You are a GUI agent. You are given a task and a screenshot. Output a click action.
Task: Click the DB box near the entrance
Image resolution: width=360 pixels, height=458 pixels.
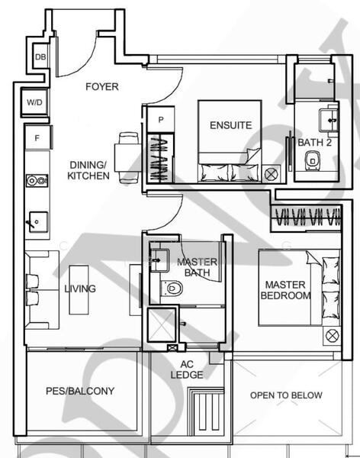pos(40,56)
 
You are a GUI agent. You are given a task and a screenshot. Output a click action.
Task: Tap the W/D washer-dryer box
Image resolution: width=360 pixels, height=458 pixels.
pos(35,101)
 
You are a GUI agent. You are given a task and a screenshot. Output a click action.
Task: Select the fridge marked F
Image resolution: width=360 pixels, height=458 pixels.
pos(37,138)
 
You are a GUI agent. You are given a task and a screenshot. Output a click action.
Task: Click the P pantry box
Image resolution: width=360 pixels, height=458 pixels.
pos(162,120)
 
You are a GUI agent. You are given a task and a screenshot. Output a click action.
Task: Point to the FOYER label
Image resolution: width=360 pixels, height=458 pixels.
pos(101,87)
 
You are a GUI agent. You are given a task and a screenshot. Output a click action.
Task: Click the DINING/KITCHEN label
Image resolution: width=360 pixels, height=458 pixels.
pos(88,169)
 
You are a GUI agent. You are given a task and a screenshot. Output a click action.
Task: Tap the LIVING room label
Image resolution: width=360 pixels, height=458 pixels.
pos(80,289)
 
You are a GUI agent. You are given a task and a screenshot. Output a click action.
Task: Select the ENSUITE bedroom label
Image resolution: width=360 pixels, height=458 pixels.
pos(231,125)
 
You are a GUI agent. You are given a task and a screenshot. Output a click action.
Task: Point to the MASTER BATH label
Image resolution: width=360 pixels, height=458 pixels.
pos(197,268)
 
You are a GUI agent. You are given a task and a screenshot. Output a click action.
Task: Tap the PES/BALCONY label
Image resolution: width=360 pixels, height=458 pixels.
pos(79,391)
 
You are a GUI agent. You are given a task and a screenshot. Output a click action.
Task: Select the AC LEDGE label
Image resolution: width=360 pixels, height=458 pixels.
pos(190,369)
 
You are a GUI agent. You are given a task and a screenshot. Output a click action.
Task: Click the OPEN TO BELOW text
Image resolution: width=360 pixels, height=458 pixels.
pos(286,395)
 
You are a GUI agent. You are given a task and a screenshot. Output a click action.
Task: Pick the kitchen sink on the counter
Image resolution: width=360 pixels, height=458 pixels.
pos(35,222)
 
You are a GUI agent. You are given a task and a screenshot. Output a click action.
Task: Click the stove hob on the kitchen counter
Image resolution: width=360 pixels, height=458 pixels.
pos(35,181)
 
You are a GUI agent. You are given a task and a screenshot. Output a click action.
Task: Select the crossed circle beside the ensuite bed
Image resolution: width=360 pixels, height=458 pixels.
pos(270,175)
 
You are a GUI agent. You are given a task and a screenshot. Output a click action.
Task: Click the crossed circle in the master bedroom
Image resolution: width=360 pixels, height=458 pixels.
pos(331,335)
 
